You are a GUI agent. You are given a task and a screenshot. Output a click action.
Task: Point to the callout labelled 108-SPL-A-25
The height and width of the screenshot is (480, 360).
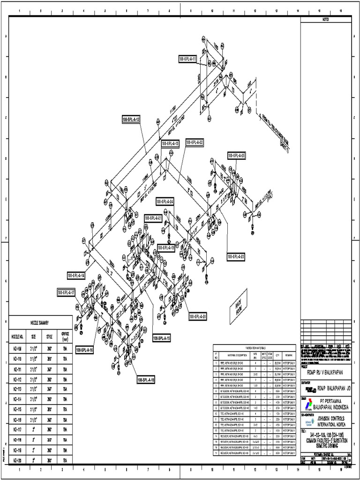click(237, 155)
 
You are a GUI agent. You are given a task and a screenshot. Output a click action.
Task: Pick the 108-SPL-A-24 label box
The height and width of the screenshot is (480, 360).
click(165, 201)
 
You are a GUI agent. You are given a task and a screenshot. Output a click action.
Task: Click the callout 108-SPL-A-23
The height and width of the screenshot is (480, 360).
click(236, 256)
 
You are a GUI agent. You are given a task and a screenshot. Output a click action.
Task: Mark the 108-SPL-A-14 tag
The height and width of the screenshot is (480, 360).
click(76, 276)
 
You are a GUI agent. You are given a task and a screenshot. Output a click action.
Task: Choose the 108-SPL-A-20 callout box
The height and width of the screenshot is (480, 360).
click(198, 317)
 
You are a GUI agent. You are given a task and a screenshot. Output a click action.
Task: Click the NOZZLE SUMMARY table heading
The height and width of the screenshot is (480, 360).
click(40, 322)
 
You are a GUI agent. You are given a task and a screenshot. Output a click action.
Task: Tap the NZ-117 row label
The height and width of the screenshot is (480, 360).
click(17, 429)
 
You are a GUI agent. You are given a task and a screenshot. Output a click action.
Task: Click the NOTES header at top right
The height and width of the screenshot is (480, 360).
click(325, 19)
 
